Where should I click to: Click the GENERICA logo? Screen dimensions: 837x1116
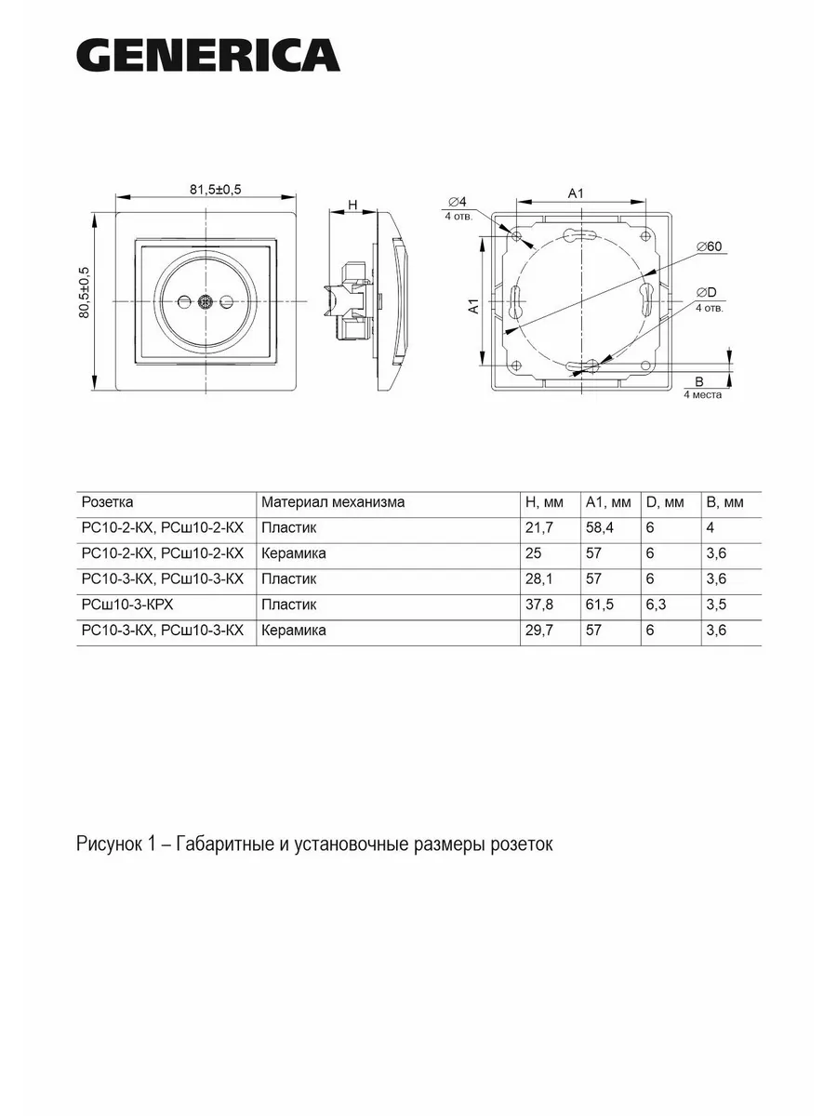point(208,55)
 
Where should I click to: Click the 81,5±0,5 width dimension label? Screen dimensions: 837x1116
point(216,190)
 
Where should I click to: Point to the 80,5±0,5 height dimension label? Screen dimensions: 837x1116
point(84,292)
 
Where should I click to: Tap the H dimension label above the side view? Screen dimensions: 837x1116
point(352,205)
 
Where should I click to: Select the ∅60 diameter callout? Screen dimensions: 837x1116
point(709,246)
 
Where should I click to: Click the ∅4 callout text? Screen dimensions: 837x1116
point(458,201)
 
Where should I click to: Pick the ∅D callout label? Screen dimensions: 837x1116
point(707,292)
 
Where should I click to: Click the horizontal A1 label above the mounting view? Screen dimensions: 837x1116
point(576,193)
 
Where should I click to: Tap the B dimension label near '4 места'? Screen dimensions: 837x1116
point(698,381)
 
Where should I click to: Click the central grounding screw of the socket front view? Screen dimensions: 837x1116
point(205,302)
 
